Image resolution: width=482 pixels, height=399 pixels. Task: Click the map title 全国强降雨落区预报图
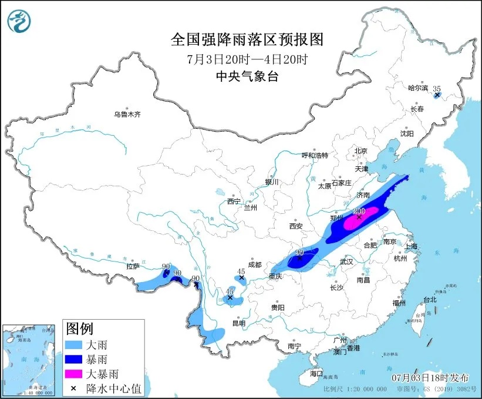[247, 39]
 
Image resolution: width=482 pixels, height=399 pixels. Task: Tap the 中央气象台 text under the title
[246, 76]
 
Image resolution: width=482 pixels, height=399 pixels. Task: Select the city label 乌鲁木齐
[127, 115]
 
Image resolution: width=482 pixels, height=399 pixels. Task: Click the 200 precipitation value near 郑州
[359, 211]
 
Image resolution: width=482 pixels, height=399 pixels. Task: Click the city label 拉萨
[133, 266]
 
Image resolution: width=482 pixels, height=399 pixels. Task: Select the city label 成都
[253, 264]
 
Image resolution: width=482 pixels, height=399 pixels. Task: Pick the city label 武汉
[347, 261]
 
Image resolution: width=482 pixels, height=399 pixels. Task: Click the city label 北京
[360, 151]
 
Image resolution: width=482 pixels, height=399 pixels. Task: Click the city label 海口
[316, 373]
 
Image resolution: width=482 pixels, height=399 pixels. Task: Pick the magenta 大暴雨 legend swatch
[73, 373]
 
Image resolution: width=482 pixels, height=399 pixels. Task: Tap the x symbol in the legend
[73, 387]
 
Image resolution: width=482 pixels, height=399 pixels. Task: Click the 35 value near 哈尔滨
[436, 89]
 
